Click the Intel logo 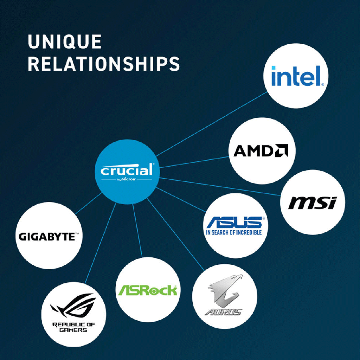298,76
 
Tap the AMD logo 261,150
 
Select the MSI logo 313,203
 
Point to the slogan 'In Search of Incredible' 234,233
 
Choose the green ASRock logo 148,290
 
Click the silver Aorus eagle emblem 225,290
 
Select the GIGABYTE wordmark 49,237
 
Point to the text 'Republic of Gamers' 73,327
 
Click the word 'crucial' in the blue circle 127,170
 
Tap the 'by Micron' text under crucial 127,179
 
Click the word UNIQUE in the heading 65,41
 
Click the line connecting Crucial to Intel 211,124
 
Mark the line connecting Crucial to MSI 220,186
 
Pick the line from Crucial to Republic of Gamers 100,243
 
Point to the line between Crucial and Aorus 175,234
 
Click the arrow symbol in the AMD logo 282,150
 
